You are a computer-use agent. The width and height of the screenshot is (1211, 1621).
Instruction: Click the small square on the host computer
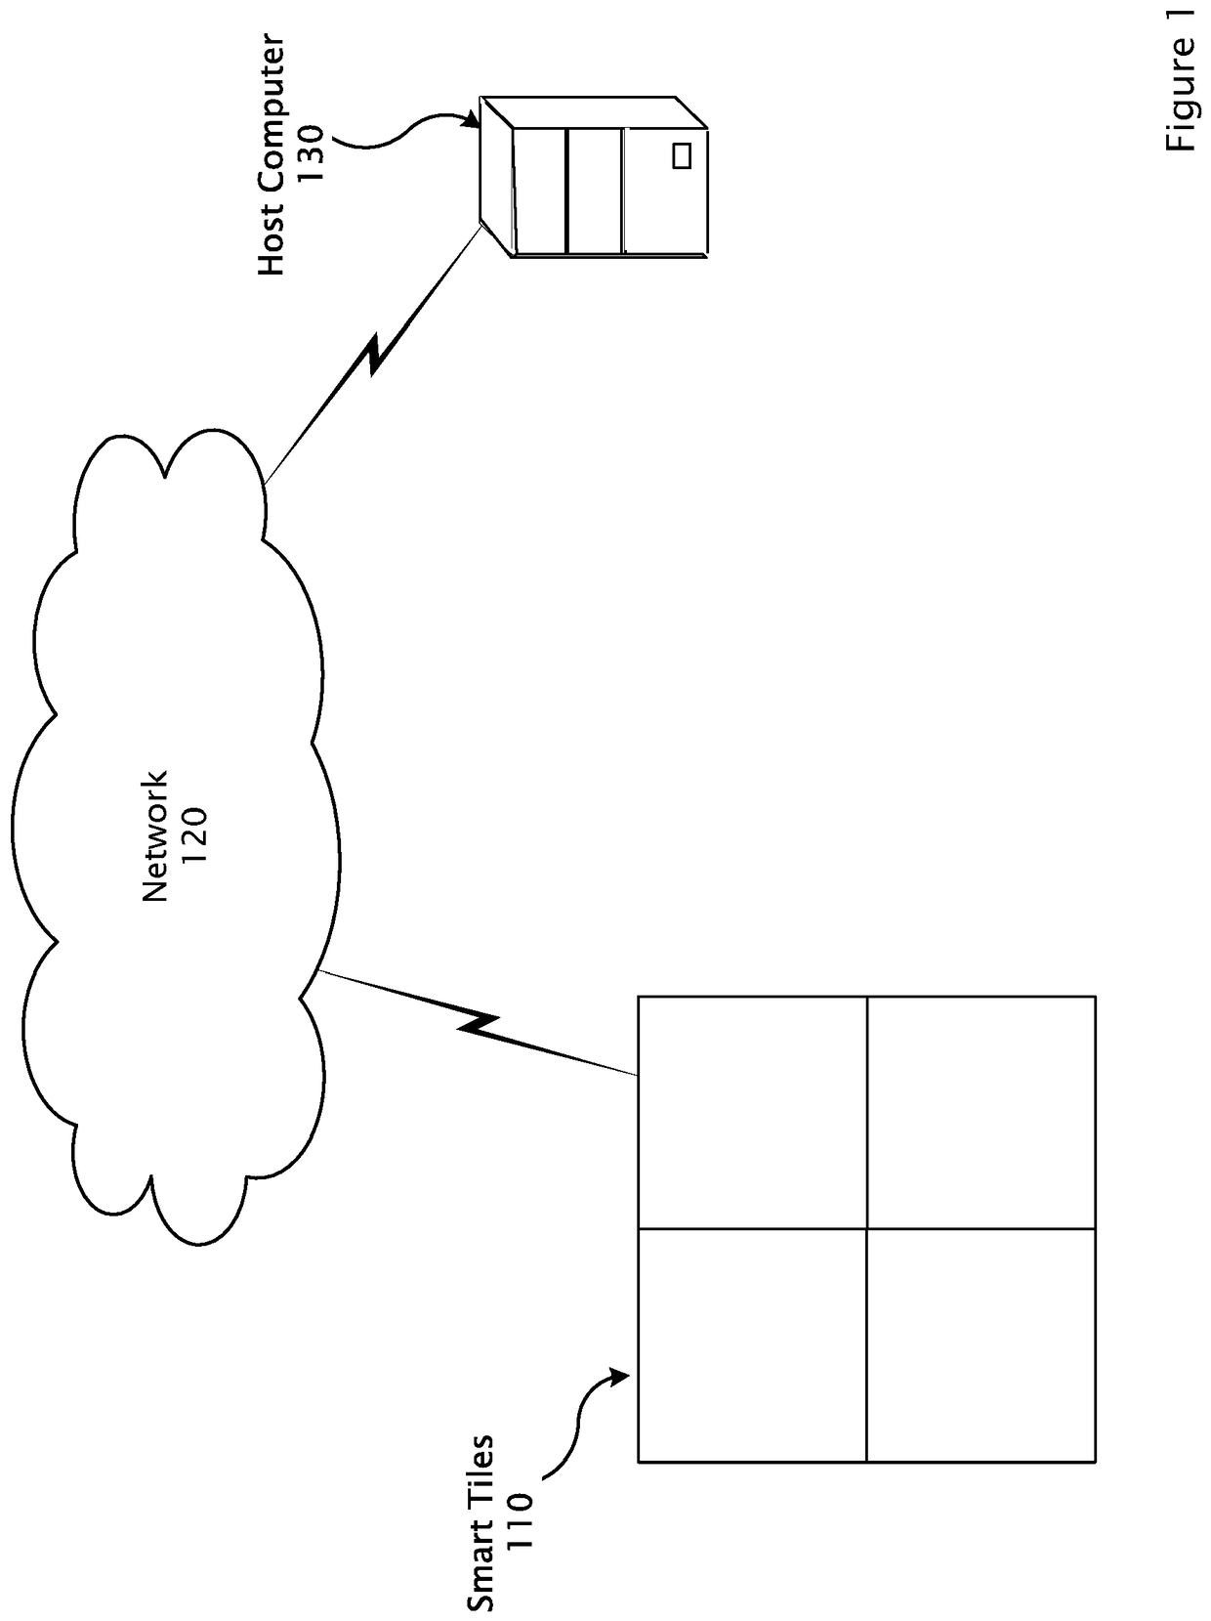[x=682, y=155]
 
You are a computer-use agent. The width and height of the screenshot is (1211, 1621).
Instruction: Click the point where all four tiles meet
[x=866, y=1228]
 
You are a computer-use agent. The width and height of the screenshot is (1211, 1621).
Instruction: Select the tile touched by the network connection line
[x=752, y=1112]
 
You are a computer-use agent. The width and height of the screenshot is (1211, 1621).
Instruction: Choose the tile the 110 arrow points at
[x=752, y=1344]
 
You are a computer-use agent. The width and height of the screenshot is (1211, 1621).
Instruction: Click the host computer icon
[x=596, y=176]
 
